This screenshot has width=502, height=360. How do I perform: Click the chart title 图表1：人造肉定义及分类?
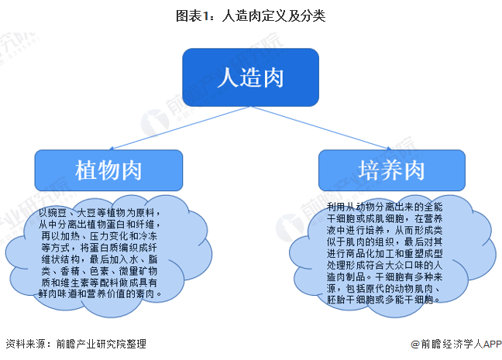pos(251,14)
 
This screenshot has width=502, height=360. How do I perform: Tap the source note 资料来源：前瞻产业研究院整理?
pos(75,344)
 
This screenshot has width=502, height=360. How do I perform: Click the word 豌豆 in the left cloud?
pos(58,211)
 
